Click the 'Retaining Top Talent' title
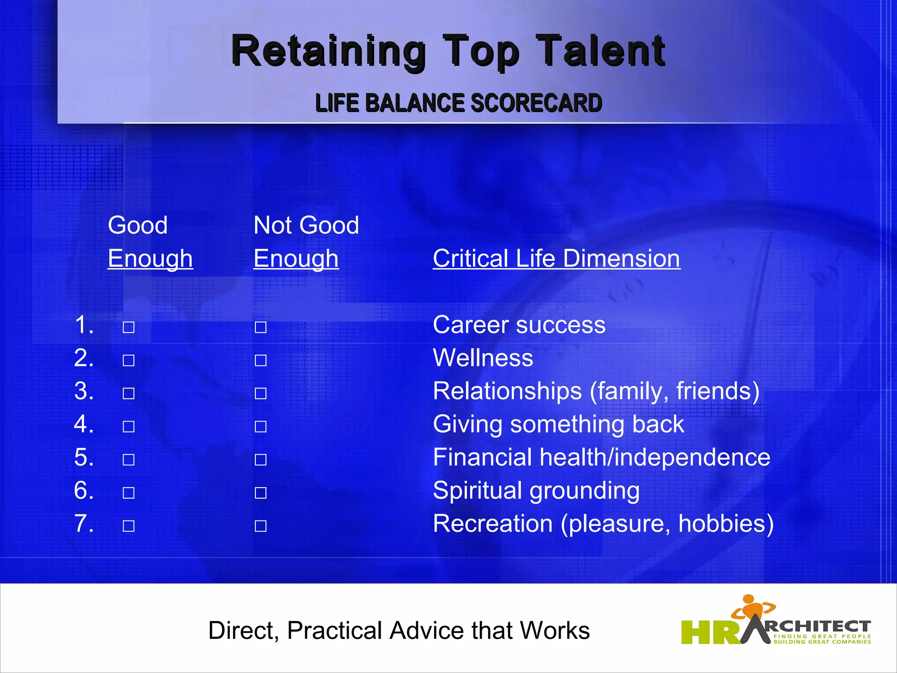point(448,52)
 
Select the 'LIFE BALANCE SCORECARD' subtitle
point(459,103)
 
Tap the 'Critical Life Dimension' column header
point(556,259)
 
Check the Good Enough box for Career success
point(128,327)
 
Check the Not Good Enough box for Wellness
point(261,361)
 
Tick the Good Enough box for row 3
point(128,393)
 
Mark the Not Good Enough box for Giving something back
point(261,426)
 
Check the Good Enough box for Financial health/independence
point(128,460)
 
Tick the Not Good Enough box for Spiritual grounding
point(261,493)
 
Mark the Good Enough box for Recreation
point(128,526)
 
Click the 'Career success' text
point(519,325)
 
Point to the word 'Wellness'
point(483,358)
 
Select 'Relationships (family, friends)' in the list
point(596,391)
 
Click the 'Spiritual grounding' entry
point(536,491)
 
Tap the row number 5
point(84,457)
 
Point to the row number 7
point(84,524)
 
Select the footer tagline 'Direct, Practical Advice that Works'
point(399,631)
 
